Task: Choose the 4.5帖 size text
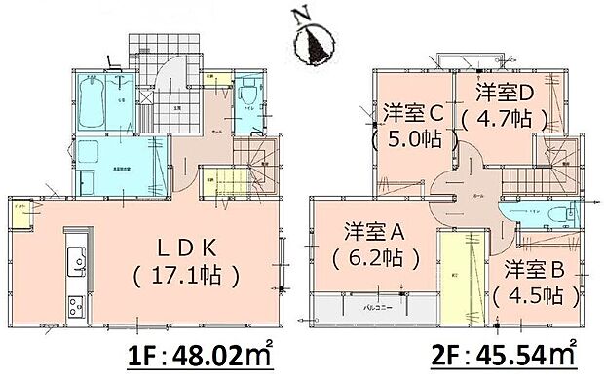(x=527, y=293)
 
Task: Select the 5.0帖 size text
(x=414, y=139)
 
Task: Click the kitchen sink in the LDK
(x=73, y=260)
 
